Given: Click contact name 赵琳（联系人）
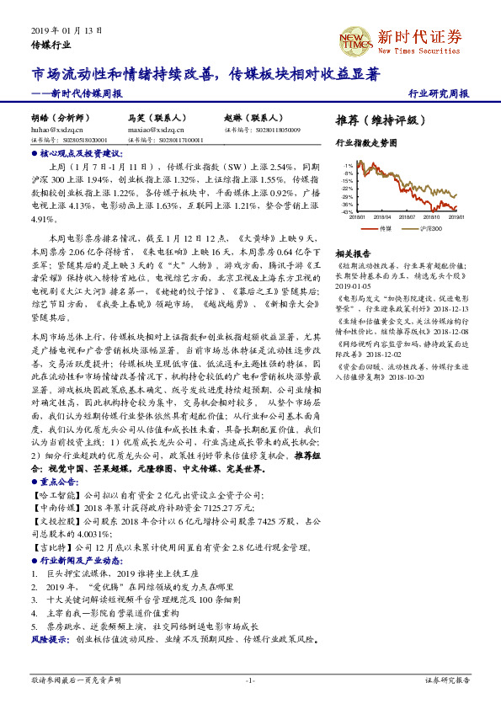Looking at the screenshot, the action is (x=252, y=120).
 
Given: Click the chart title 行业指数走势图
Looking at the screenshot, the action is (x=365, y=143).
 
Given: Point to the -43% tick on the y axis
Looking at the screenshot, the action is (x=347, y=211).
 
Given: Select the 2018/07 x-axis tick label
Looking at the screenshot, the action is (x=411, y=216).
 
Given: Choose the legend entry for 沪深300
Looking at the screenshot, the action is (x=431, y=228).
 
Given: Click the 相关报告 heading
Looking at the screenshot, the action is (x=354, y=253).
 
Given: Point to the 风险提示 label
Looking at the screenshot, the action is (x=50, y=639).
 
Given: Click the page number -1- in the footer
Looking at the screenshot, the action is (x=249, y=679).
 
